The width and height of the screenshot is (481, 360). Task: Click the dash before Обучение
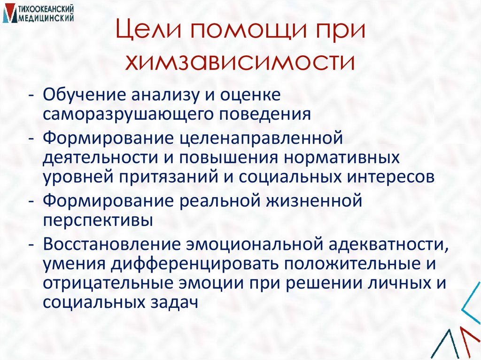coord(31,95)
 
